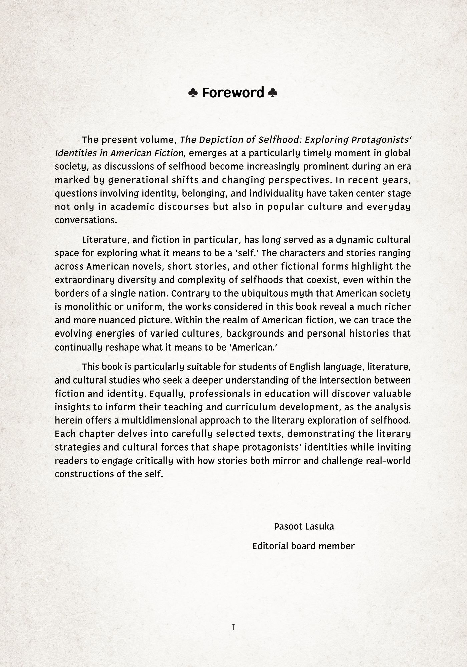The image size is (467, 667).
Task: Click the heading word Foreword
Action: (x=233, y=93)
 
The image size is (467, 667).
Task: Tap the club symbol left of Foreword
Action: (x=193, y=93)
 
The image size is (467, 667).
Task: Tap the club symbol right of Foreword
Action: (x=273, y=93)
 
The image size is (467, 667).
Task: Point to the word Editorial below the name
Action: (x=270, y=546)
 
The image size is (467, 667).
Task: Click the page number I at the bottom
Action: (x=233, y=627)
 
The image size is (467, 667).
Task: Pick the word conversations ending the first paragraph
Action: (x=86, y=220)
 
